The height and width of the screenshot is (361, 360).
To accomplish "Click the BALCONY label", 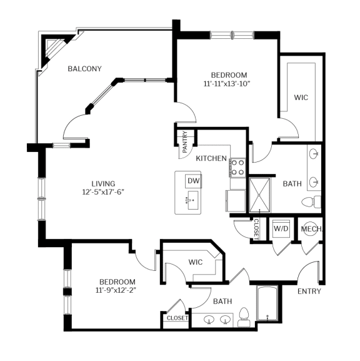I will pyautogui.click(x=84, y=69).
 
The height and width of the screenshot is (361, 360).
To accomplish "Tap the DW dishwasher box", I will pyautogui.click(x=193, y=181).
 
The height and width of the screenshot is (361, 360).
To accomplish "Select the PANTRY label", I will pyautogui.click(x=185, y=146).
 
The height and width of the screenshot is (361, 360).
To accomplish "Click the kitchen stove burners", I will pyautogui.click(x=237, y=167).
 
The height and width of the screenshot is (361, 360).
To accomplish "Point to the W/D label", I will pyautogui.click(x=280, y=229).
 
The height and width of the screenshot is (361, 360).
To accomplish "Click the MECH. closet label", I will pyautogui.click(x=311, y=229).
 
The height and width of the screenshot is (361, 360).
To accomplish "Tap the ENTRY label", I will pyautogui.click(x=309, y=291).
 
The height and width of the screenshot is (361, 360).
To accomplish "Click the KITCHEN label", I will pyautogui.click(x=211, y=159).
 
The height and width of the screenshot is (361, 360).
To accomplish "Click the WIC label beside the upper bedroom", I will pyautogui.click(x=301, y=98).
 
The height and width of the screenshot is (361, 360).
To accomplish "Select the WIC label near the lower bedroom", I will pyautogui.click(x=196, y=262).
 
